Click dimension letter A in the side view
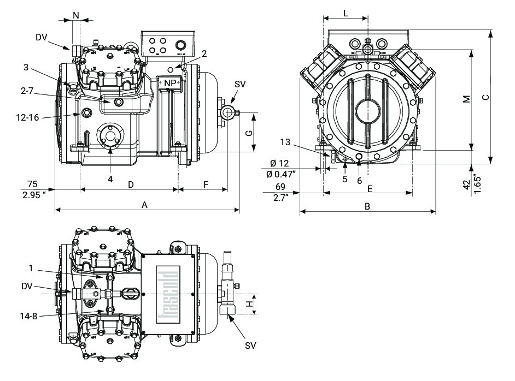(144, 205)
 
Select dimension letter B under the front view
(367, 206)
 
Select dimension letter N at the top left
(75, 14)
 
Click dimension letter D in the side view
(131, 184)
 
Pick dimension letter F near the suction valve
(206, 184)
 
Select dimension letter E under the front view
(370, 188)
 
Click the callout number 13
(284, 142)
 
